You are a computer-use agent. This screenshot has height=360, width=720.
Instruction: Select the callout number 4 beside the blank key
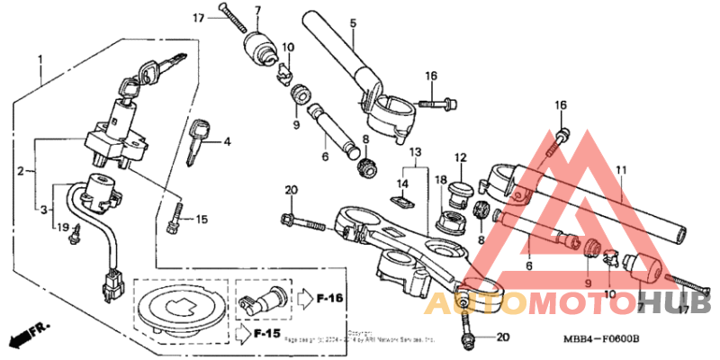228,141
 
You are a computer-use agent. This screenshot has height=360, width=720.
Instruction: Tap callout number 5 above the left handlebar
353,22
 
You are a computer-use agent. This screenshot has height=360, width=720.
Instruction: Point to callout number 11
620,169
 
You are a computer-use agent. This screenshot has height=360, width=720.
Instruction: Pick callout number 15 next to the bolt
202,219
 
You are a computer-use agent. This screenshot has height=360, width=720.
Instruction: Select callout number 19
61,228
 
